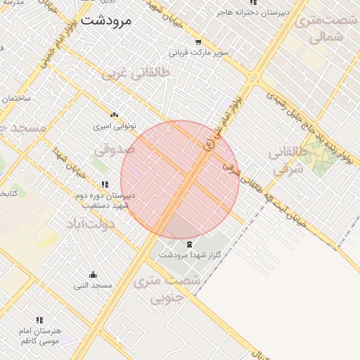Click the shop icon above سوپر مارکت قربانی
pyautogui.click(x=198, y=41)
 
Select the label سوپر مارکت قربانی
pyautogui.click(x=198, y=52)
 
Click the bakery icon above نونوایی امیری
pyautogui.click(x=115, y=115)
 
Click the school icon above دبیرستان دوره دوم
pyautogui.click(x=105, y=184)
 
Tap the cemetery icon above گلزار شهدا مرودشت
pyautogui.click(x=189, y=243)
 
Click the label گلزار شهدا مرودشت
pyautogui.click(x=189, y=254)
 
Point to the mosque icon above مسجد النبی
pyautogui.click(x=93, y=275)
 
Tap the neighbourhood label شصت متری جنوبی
pyautogui.click(x=167, y=288)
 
